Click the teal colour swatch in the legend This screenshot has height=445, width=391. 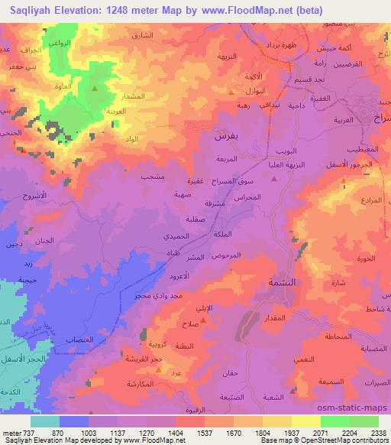tap(44, 421)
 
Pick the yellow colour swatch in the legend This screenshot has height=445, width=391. tap(305, 421)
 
